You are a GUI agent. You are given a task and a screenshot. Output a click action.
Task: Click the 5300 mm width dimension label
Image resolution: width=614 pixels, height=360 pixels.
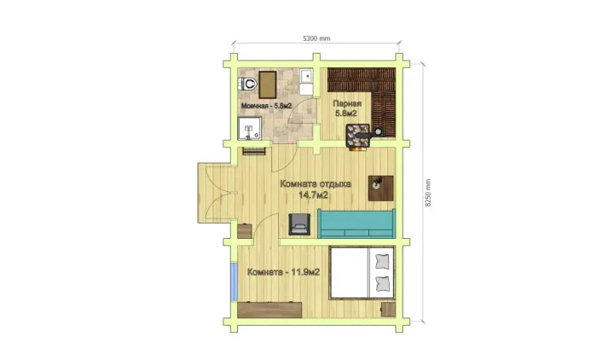click(316, 38)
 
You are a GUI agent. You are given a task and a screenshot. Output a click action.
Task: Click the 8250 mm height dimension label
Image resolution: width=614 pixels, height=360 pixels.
click(427, 193)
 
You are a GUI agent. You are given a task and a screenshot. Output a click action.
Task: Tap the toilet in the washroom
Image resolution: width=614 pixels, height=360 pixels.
click(247, 84)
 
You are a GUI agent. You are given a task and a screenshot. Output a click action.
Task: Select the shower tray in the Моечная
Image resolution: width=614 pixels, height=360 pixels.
click(249, 129)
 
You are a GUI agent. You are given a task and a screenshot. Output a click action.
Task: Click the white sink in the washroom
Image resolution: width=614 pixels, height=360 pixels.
click(307, 76)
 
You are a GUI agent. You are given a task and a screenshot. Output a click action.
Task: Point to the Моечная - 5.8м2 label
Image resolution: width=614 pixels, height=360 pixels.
click(266, 106)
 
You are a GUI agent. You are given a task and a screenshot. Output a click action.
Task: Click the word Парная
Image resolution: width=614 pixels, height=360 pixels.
click(347, 103)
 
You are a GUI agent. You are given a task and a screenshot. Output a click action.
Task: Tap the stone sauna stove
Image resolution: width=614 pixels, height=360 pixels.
click(357, 136)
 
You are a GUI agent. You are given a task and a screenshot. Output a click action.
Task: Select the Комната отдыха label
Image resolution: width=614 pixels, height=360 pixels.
click(316, 183)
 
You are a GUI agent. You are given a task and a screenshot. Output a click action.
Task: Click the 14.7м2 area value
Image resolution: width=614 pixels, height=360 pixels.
click(313, 195)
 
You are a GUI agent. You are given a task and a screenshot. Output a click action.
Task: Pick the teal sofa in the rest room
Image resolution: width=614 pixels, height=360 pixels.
click(356, 224)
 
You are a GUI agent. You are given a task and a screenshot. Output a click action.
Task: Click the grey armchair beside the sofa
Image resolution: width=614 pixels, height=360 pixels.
click(299, 224)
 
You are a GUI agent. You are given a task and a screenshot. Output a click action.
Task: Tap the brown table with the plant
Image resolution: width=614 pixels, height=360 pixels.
click(381, 189)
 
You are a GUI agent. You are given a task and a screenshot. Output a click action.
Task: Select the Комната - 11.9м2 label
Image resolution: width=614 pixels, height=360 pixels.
click(283, 272)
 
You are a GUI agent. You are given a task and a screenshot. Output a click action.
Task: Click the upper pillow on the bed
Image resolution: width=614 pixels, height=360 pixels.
click(382, 261)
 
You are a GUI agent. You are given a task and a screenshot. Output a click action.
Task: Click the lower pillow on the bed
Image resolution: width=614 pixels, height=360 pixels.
click(382, 283)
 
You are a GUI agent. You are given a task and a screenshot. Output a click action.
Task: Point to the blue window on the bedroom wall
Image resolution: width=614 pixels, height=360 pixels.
click(235, 282)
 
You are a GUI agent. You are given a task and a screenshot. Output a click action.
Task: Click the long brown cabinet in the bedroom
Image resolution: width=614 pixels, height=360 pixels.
click(269, 310)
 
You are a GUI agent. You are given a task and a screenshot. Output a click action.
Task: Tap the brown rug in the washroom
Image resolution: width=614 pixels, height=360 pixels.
click(268, 84)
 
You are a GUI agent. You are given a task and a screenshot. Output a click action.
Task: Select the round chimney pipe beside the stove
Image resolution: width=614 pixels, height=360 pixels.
click(379, 131)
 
